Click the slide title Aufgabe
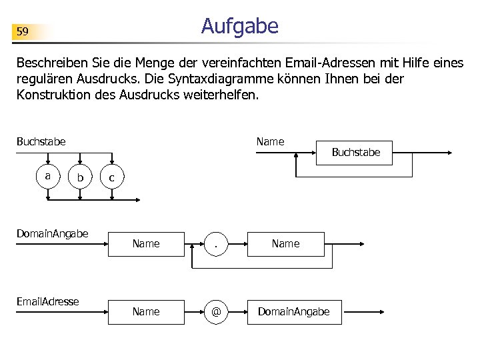239,26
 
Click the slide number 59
23,31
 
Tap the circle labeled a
47,177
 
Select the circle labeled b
80,177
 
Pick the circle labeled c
111,177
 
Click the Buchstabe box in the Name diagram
355,153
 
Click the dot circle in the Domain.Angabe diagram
217,244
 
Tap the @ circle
217,311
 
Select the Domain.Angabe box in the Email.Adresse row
294,311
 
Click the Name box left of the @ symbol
146,311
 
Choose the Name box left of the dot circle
146,244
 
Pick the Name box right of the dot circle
286,244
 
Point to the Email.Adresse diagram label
48,301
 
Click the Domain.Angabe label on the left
53,233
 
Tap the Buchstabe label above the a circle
41,141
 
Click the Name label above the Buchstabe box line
271,141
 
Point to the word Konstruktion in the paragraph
51,95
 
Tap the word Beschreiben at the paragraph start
47,64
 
